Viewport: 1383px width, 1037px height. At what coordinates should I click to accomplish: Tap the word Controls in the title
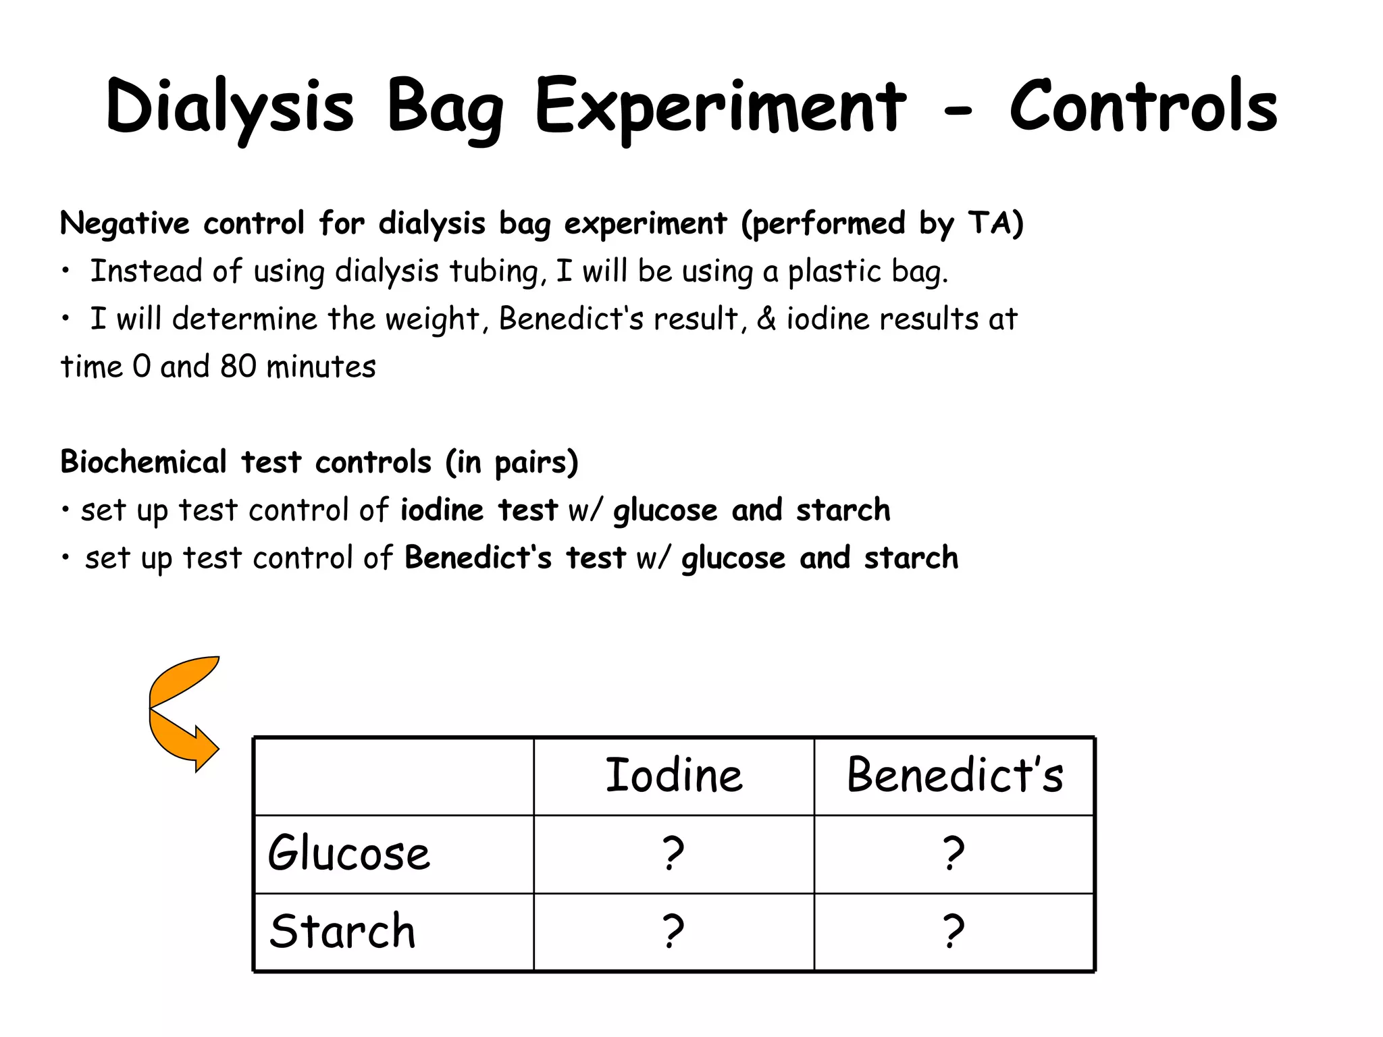coord(1143,107)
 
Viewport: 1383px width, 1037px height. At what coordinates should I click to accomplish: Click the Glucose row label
coord(348,853)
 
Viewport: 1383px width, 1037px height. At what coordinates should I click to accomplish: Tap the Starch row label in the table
coord(342,932)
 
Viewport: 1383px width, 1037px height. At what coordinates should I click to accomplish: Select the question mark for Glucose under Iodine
coord(673,853)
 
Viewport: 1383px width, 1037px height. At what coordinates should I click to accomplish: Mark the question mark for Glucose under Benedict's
coord(954,853)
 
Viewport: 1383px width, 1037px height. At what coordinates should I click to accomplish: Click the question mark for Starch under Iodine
coord(673,932)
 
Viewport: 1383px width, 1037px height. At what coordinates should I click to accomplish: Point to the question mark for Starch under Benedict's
coord(954,932)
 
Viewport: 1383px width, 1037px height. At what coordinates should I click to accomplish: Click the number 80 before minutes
coord(238,367)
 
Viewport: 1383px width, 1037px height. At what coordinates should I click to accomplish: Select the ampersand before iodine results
coord(766,319)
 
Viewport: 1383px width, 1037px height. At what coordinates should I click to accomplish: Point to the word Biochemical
coord(143,462)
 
